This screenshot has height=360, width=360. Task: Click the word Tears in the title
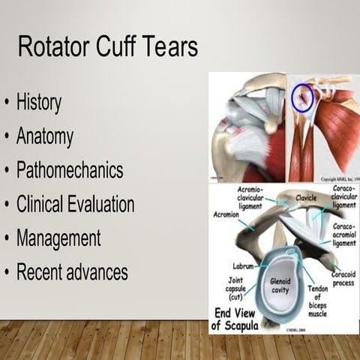tap(169, 48)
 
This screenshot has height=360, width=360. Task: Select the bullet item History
tap(39, 102)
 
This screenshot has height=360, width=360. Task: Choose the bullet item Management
tap(58, 238)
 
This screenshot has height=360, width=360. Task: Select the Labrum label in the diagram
tap(244, 265)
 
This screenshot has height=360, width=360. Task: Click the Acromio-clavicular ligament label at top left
tap(253, 196)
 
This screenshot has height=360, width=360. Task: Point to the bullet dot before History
tap(8, 103)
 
